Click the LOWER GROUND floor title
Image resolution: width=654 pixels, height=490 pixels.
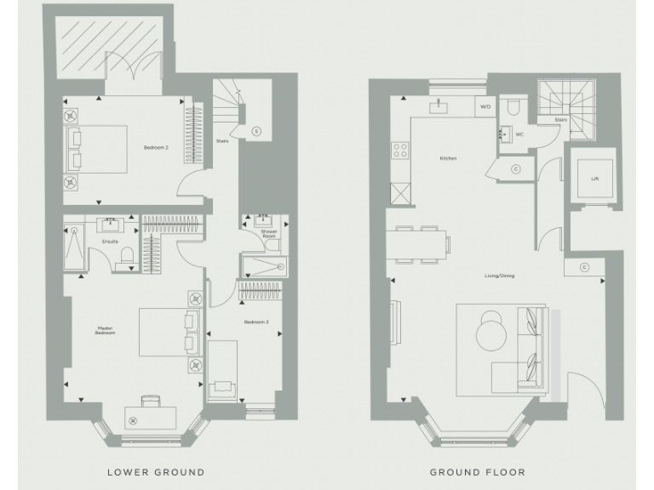(x=155, y=471)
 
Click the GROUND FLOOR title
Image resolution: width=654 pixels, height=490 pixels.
(x=478, y=471)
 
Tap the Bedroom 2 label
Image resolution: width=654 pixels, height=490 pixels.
(x=156, y=148)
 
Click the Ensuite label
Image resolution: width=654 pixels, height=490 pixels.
(x=110, y=242)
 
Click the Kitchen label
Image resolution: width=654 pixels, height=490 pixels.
(x=448, y=159)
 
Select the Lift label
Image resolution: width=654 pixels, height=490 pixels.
(x=594, y=179)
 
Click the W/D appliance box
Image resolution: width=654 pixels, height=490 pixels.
(x=485, y=107)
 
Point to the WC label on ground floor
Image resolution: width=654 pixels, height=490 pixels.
(x=519, y=134)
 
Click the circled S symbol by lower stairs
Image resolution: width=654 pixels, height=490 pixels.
(x=257, y=130)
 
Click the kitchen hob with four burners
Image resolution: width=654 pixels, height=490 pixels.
(x=399, y=151)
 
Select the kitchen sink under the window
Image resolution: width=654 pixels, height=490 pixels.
(x=439, y=105)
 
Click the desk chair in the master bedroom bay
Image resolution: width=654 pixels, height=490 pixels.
(x=151, y=400)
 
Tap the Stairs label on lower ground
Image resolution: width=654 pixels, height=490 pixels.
(x=221, y=141)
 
